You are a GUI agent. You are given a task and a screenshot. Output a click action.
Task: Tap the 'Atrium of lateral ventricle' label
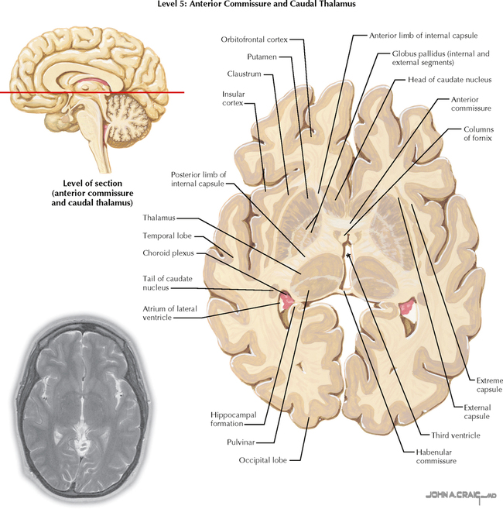click(x=169, y=313)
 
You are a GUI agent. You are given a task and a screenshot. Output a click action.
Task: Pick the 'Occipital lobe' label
click(x=263, y=459)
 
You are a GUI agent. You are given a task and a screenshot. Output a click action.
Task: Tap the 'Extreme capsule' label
click(x=488, y=385)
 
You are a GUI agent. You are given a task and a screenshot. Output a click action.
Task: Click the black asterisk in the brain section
click(x=349, y=256)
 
